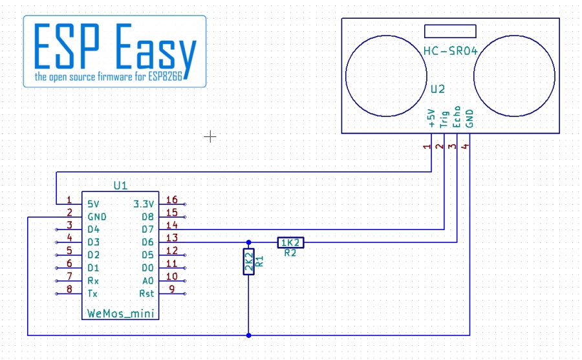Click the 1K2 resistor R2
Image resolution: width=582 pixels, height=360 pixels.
click(x=290, y=243)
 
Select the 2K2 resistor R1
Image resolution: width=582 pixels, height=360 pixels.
click(x=249, y=262)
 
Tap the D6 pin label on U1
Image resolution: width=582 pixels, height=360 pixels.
click(x=147, y=242)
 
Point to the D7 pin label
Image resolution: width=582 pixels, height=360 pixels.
click(x=147, y=229)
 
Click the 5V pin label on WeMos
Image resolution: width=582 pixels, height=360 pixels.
click(x=94, y=204)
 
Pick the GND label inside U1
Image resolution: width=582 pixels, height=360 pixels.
click(x=97, y=217)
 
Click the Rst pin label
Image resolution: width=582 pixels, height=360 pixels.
click(x=146, y=293)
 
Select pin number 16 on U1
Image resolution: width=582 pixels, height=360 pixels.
click(x=171, y=200)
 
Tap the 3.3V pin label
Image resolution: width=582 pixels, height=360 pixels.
click(x=144, y=204)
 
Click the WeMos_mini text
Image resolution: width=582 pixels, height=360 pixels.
click(x=121, y=314)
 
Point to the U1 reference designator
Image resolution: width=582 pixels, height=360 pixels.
click(x=120, y=185)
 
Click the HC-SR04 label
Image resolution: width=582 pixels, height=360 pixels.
click(x=450, y=51)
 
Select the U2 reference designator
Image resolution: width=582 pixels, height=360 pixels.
click(x=438, y=89)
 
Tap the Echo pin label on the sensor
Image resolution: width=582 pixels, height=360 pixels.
click(x=457, y=116)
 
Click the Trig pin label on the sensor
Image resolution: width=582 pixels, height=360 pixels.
click(x=444, y=119)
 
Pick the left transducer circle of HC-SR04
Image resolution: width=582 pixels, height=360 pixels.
click(x=386, y=36)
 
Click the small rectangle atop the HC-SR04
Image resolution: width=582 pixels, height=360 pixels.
click(x=450, y=31)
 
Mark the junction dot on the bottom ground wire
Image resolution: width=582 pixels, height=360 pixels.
click(x=249, y=335)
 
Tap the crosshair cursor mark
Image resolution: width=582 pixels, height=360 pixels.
click(x=210, y=136)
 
